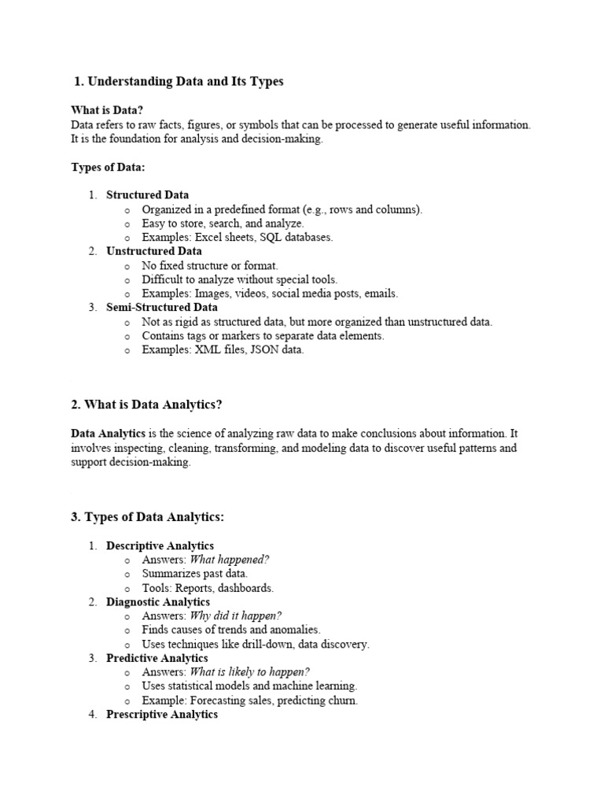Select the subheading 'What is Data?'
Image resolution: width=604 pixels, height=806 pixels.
[x=108, y=110]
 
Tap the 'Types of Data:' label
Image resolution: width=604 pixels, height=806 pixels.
[x=109, y=167]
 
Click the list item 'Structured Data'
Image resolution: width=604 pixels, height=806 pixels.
[x=147, y=194]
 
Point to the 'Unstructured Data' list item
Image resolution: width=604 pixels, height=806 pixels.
[x=153, y=251]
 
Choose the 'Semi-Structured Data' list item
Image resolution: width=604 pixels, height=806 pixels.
[x=162, y=308]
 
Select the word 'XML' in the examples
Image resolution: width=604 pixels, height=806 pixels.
[x=208, y=350]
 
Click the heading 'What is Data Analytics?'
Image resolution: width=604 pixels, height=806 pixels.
[x=147, y=405]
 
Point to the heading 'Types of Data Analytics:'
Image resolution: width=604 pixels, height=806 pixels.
[x=148, y=517]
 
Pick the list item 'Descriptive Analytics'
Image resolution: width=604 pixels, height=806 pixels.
[x=160, y=545]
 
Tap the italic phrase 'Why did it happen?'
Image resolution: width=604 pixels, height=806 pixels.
[x=236, y=616]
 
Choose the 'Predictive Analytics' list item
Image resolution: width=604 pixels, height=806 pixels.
[x=157, y=658]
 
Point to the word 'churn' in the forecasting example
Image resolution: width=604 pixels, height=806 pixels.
[x=341, y=701]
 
